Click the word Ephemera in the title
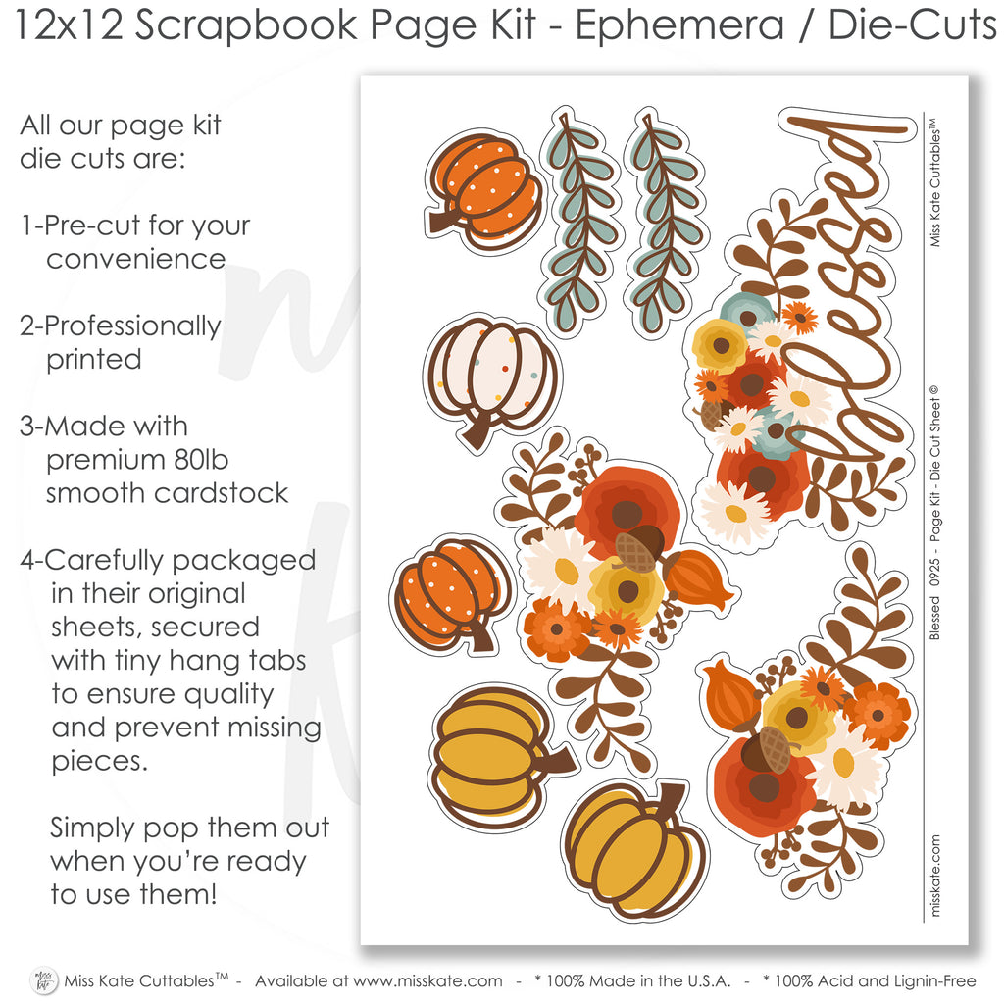click(x=678, y=25)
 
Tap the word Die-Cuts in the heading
click(x=913, y=25)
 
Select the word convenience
click(x=135, y=259)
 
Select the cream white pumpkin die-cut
click(x=492, y=382)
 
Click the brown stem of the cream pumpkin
click(x=477, y=431)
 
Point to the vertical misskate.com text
click(x=934, y=876)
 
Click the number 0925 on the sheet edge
click(x=934, y=572)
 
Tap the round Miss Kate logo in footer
click(x=43, y=980)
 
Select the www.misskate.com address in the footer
click(x=427, y=981)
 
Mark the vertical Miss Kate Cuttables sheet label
click(x=934, y=182)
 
